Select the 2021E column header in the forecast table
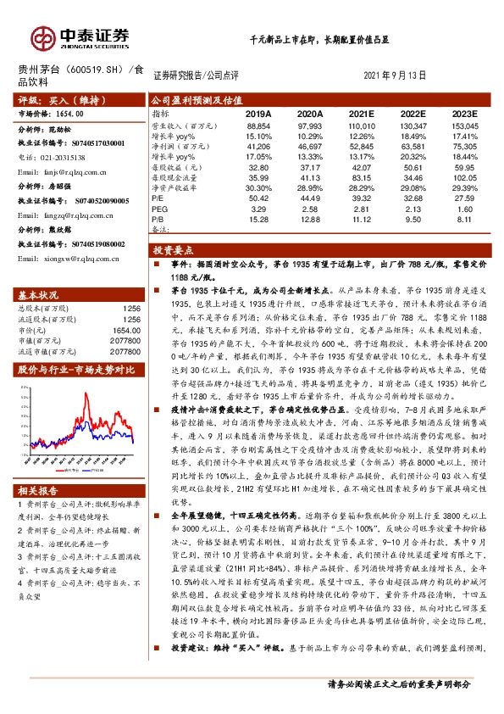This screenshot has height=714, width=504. pyautogui.click(x=360, y=113)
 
